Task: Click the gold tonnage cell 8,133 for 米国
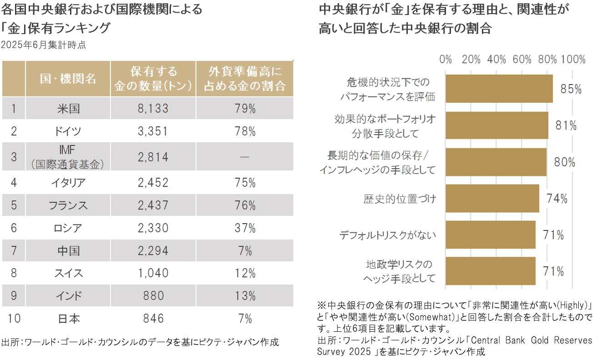coord(153,109)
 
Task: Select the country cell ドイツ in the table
coord(68,132)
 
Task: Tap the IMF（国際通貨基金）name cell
coord(68,157)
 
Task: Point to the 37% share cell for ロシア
coord(245,228)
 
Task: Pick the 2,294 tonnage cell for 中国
coord(153,250)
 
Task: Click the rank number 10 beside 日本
coord(14,319)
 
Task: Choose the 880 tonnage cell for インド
coord(153,296)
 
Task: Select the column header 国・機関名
coord(68,79)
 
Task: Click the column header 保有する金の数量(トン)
coord(153,79)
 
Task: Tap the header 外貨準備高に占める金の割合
coord(245,79)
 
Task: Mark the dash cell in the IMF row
coord(245,157)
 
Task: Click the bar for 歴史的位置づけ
coord(492,198)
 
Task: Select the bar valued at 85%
coord(499,89)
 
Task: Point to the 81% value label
coord(566,125)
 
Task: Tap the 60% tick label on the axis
coord(522,60)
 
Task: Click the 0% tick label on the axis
coord(446,60)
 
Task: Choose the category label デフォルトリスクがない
coord(388,235)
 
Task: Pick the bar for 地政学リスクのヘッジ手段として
coord(490,271)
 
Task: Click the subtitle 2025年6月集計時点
coord(44,45)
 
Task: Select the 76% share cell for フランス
coord(245,205)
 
